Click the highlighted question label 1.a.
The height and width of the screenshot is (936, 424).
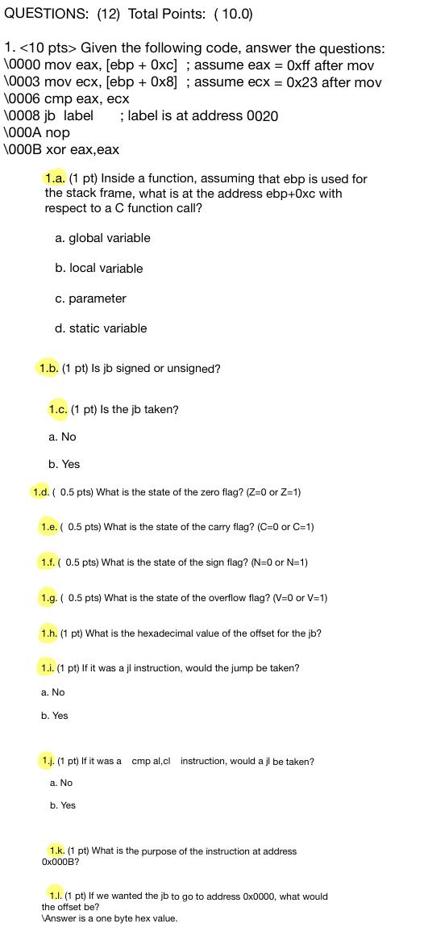pos(55,178)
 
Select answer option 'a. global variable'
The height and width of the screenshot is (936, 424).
pos(102,238)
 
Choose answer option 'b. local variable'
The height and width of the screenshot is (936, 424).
pos(98,268)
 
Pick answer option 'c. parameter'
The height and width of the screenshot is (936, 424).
pos(90,299)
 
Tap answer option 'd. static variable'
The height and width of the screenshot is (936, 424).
pos(101,328)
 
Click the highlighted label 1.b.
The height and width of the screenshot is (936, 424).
pos(48,368)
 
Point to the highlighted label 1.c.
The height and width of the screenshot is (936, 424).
pos(58,409)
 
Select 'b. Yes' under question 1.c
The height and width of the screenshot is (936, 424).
pos(64,464)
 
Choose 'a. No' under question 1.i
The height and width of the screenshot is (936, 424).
pos(52,692)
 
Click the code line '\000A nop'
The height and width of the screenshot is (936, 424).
pos(36,132)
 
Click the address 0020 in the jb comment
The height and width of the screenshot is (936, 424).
pos(262,116)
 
